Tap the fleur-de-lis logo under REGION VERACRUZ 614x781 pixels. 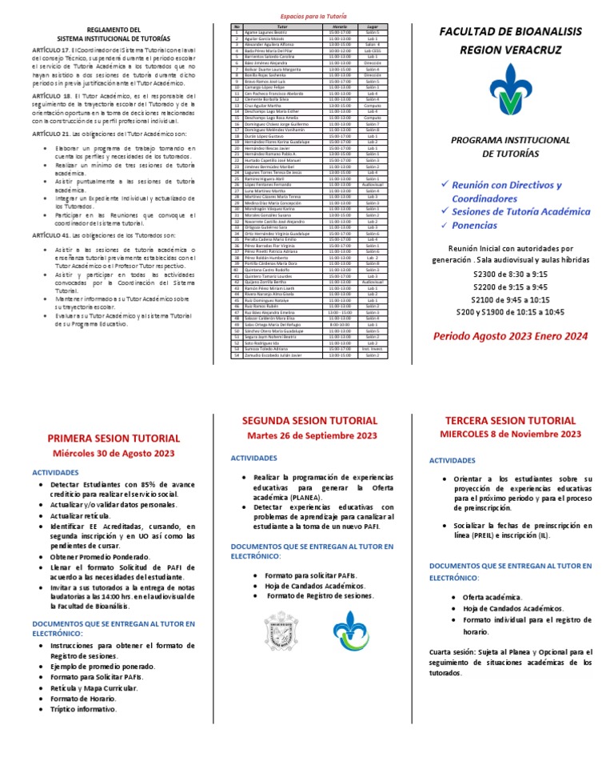(509, 90)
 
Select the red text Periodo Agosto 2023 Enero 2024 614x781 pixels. (511, 336)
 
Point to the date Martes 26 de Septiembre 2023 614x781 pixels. (311, 435)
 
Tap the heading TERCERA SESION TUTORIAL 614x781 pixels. (510, 420)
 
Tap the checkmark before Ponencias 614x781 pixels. (445, 226)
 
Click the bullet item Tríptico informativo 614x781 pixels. (83, 709)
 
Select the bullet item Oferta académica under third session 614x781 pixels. (492, 597)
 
